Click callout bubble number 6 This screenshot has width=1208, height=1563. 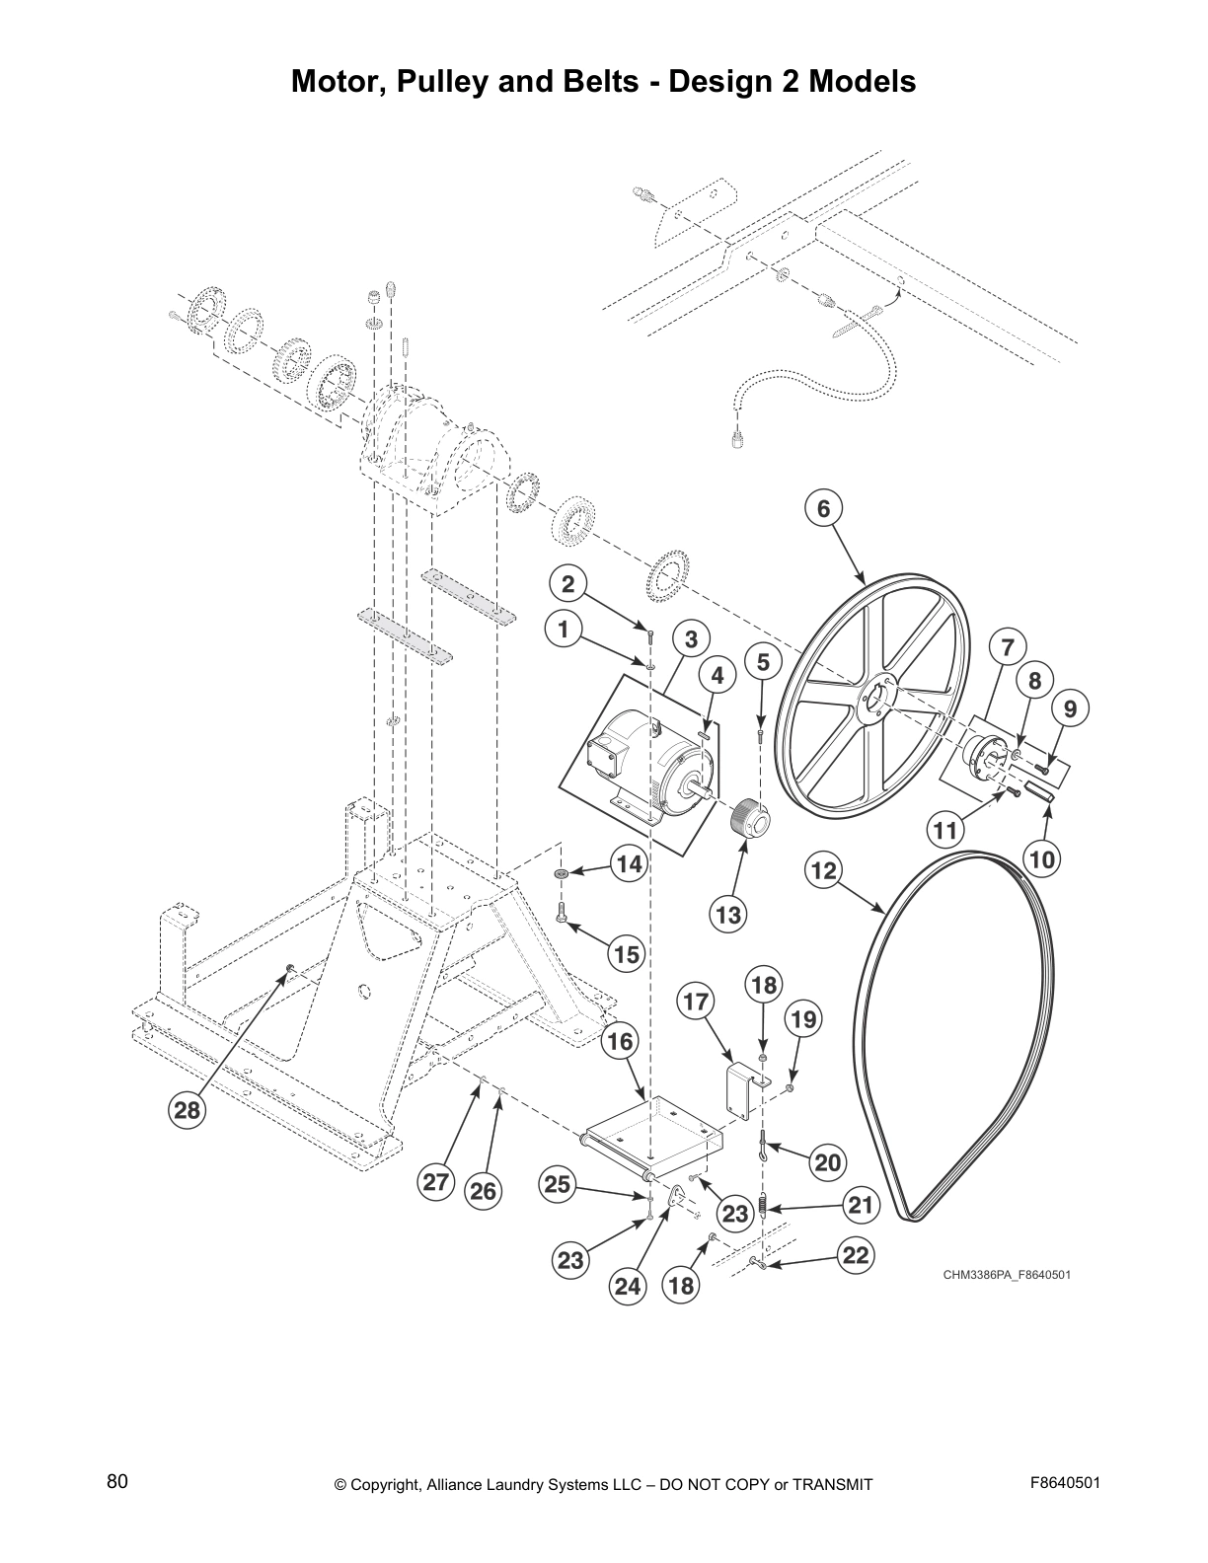tap(823, 508)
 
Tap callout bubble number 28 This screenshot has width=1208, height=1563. tap(187, 1111)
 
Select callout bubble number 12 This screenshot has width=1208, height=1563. tap(822, 870)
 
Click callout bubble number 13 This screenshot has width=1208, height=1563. tap(727, 915)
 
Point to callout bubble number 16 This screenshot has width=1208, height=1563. tap(620, 1041)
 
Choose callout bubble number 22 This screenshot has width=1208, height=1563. tap(854, 1254)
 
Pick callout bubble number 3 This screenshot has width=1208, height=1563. tap(691, 638)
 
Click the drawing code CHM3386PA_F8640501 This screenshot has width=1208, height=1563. tap(1006, 1274)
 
